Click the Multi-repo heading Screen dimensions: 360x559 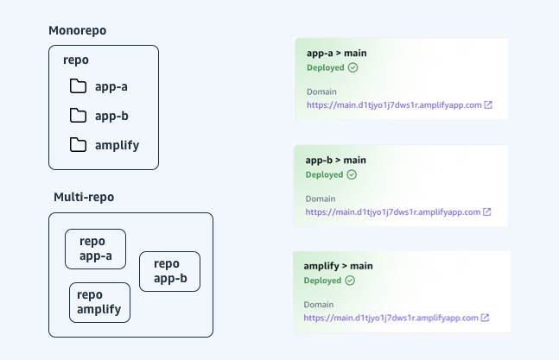tap(84, 197)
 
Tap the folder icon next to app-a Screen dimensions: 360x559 tap(79, 86)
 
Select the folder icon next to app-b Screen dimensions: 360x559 tap(79, 116)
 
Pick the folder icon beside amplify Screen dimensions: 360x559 tap(79, 145)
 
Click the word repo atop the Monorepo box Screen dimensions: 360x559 tap(77, 60)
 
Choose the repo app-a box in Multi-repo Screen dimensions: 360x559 tap(96, 249)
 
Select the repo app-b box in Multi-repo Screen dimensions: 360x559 tap(169, 271)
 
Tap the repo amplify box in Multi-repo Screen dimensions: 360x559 tap(99, 302)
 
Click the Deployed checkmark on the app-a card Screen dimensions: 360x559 tap(353, 67)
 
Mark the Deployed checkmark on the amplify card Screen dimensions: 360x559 tap(350, 280)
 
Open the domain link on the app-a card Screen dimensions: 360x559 tap(393, 105)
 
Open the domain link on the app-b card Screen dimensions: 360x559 tap(393, 212)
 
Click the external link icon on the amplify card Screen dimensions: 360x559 tap(486, 318)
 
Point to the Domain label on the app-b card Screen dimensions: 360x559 tap(321, 198)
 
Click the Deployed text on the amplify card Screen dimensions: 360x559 tap(323, 280)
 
